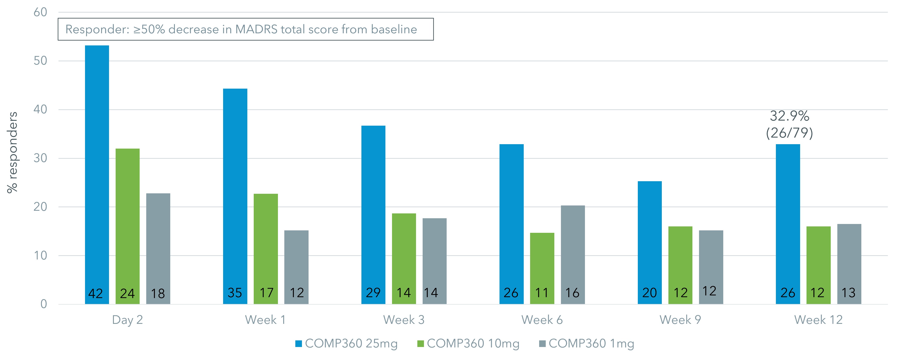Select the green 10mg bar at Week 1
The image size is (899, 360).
pyautogui.click(x=266, y=244)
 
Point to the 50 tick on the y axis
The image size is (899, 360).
pyautogui.click(x=41, y=61)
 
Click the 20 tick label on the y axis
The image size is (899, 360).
pyautogui.click(x=41, y=207)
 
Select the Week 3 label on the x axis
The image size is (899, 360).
pyautogui.click(x=404, y=320)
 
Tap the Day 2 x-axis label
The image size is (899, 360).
pyautogui.click(x=127, y=320)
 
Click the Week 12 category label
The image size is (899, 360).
pyautogui.click(x=818, y=320)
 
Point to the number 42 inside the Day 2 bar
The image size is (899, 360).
pyautogui.click(x=95, y=293)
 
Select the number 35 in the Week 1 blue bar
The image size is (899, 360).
pyautogui.click(x=235, y=293)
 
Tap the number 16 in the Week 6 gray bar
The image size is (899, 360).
pyautogui.click(x=572, y=293)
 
